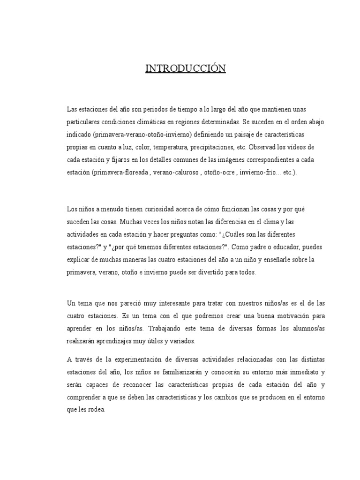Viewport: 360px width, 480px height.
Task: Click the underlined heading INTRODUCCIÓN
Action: click(x=185, y=69)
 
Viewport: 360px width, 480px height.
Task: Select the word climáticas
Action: click(x=150, y=122)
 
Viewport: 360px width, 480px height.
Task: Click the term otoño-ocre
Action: click(x=220, y=172)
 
